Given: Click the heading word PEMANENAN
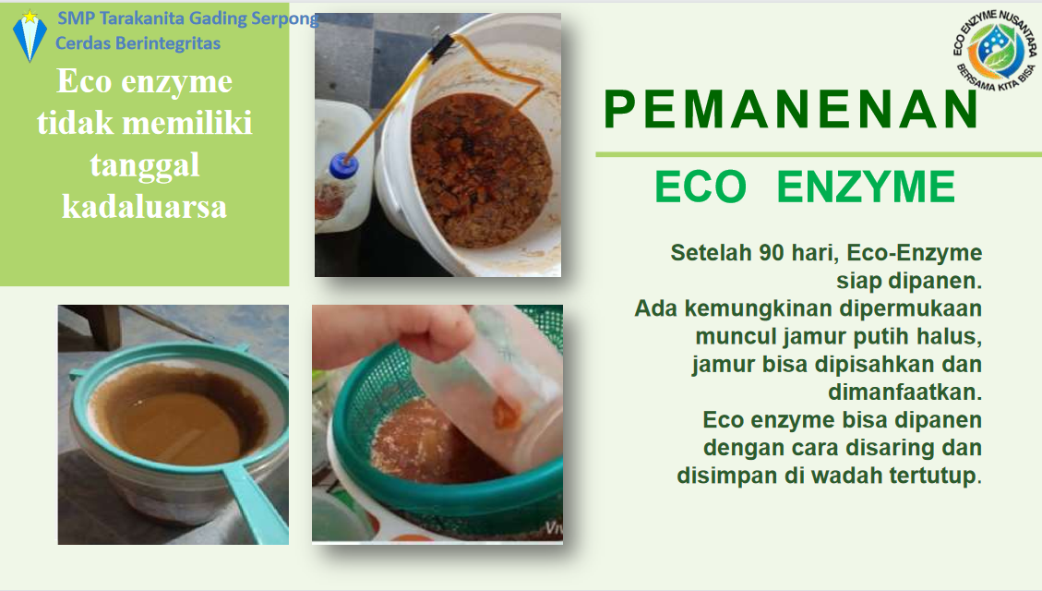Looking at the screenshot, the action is click(791, 109).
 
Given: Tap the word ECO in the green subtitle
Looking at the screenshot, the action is click(701, 187).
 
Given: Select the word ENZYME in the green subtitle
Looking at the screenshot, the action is click(866, 187).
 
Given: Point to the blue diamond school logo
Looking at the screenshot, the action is click(30, 35).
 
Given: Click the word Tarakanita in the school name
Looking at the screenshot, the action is click(142, 18).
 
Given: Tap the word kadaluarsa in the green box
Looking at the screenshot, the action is click(144, 207).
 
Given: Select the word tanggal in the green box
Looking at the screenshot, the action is click(144, 165).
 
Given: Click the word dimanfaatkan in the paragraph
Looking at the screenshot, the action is click(904, 392).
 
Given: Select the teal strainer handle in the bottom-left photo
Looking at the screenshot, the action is click(255, 500).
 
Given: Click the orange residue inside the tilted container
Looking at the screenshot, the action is click(506, 415).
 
